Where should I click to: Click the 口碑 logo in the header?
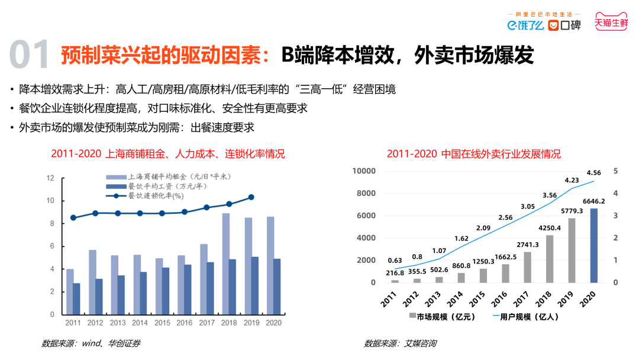(x=564, y=25)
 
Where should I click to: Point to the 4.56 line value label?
(x=593, y=173)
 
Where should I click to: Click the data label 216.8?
(x=395, y=273)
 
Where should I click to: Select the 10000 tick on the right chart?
(x=364, y=171)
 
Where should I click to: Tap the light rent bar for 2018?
(x=225, y=263)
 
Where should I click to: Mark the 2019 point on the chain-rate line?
(x=251, y=197)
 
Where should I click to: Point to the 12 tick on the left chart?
(x=50, y=178)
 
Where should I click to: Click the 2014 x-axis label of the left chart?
(x=140, y=323)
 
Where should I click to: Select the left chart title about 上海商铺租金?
(x=168, y=154)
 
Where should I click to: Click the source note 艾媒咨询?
(x=400, y=343)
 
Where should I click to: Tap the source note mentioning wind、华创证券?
(x=91, y=343)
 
